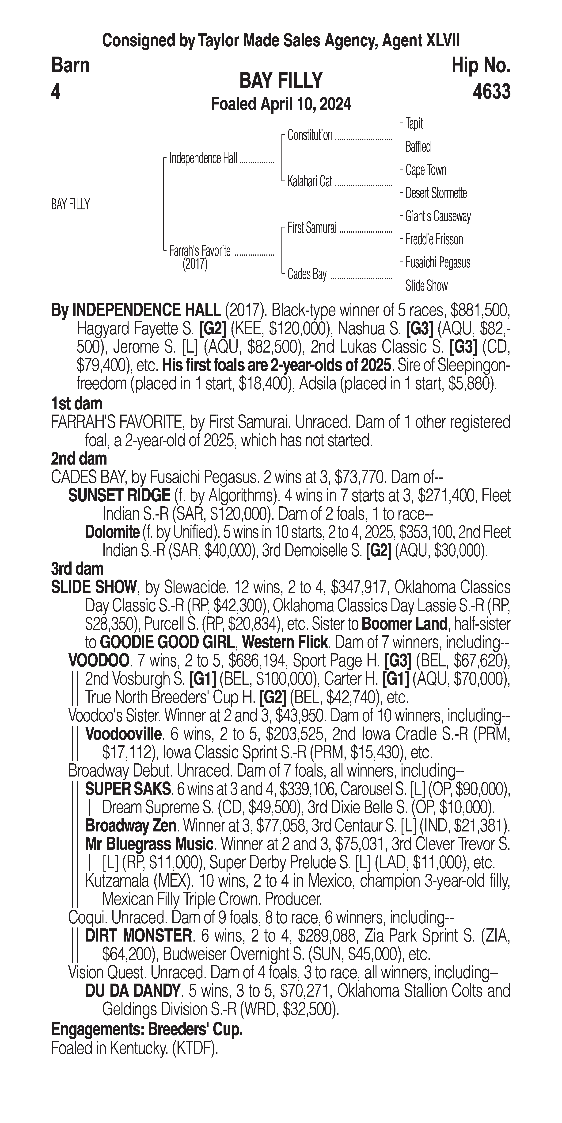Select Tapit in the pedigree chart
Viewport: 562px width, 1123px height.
(414, 124)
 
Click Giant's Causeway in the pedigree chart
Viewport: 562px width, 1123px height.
(438, 216)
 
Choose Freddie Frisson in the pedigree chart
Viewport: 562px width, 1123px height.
(434, 239)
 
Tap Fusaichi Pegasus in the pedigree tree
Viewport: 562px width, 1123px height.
(438, 263)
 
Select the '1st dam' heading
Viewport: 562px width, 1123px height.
(77, 404)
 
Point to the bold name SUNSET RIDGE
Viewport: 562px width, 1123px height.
(119, 496)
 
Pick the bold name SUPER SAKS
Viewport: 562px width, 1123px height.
(128, 789)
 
